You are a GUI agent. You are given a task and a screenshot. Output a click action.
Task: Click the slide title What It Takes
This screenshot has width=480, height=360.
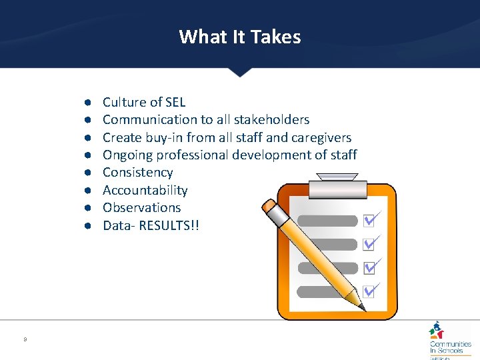240,36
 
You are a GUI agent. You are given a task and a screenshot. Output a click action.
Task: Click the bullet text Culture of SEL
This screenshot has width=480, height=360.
143,102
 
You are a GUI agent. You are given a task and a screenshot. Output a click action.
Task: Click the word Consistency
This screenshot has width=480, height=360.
137,173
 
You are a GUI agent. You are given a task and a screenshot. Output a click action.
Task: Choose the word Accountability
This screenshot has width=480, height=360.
145,191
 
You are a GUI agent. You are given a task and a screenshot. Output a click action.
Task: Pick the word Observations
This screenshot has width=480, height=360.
141,208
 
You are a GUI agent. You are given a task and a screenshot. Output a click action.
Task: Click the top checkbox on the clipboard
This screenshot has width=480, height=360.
369,221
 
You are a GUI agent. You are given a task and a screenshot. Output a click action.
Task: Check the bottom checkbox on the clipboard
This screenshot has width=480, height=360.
369,291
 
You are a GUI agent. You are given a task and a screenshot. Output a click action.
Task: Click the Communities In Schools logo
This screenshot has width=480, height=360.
449,340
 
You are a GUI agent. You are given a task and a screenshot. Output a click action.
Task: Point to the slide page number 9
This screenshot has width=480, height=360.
25,340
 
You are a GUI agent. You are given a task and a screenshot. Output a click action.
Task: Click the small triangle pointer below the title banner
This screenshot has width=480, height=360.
240,72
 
